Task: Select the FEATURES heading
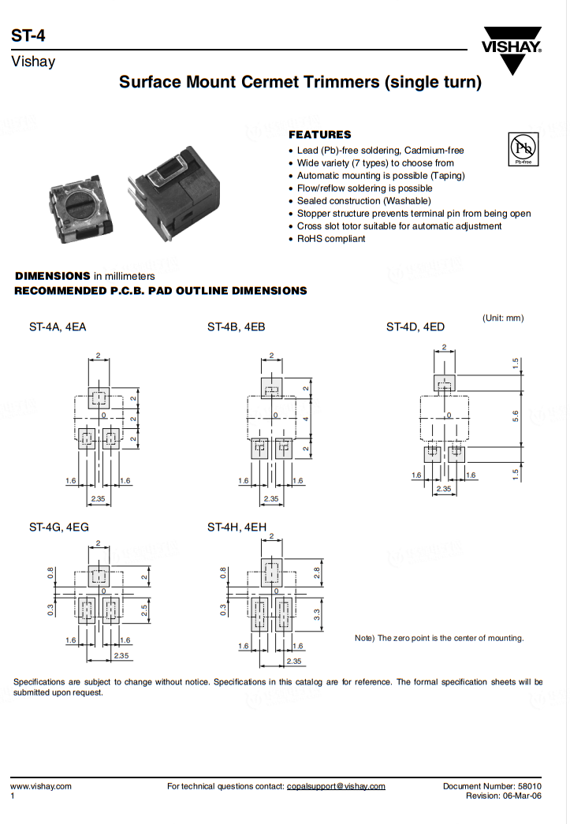click(x=320, y=135)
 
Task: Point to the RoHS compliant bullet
click(x=331, y=239)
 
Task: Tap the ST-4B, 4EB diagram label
click(x=236, y=326)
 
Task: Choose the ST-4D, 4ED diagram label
click(x=415, y=326)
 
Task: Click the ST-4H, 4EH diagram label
click(x=237, y=527)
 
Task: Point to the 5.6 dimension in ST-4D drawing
click(x=516, y=416)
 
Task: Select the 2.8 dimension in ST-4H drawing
click(x=318, y=572)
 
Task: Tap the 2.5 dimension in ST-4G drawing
click(x=145, y=610)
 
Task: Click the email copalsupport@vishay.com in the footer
click(x=336, y=786)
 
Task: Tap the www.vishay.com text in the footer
click(x=40, y=786)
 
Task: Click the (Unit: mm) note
click(x=503, y=318)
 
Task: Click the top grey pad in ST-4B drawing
click(x=271, y=388)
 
